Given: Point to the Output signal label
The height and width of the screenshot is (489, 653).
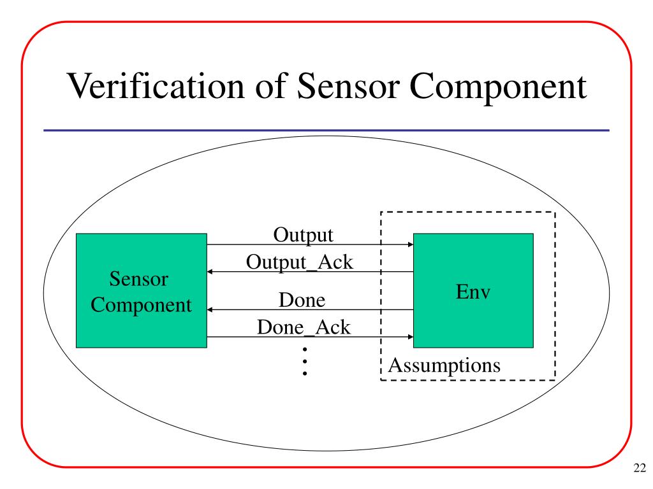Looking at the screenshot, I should [x=304, y=234].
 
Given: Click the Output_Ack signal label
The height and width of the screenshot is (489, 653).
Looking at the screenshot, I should [x=299, y=262].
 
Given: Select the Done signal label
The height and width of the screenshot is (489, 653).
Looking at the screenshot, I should [x=303, y=299].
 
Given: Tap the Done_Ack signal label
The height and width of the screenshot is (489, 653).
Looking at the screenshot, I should [x=304, y=327].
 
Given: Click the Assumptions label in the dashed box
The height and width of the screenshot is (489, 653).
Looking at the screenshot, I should [x=444, y=365].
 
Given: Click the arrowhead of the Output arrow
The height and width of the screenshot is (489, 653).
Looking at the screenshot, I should [x=409, y=244].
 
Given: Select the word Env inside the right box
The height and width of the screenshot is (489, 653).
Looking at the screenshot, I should [x=473, y=294].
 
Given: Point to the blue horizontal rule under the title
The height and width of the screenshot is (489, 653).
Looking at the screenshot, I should [x=326, y=131].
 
